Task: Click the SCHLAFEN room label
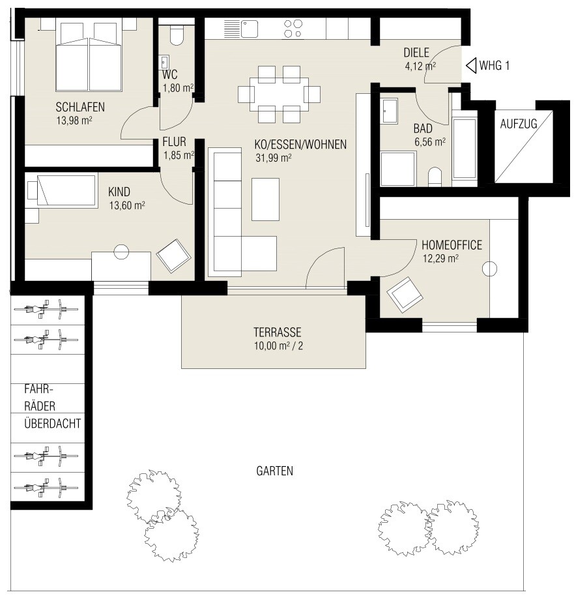[x=80, y=107]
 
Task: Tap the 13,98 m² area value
[x=74, y=121]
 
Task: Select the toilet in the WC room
[x=177, y=35]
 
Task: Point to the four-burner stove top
[x=293, y=29]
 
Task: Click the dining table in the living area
[x=279, y=95]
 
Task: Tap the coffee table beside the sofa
[x=265, y=199]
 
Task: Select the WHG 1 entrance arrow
[x=471, y=65]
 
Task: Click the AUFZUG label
[x=519, y=124]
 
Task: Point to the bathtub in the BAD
[x=465, y=149]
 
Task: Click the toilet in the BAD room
[x=435, y=177]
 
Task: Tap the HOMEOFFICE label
[x=452, y=245]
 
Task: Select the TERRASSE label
[x=277, y=332]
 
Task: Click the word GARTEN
[x=274, y=471]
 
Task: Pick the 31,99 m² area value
[x=274, y=158]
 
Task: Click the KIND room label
[x=119, y=192]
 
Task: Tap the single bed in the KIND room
[x=61, y=191]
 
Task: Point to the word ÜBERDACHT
[x=52, y=423]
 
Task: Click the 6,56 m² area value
[x=430, y=142]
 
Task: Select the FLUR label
[x=174, y=142]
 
